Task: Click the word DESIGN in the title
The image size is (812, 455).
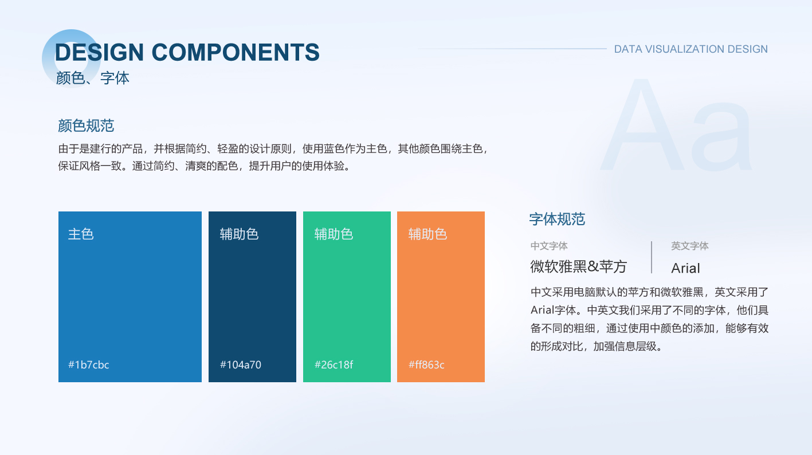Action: click(99, 52)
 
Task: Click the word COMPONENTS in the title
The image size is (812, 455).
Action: click(236, 52)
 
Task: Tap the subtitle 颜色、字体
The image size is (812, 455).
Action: click(93, 78)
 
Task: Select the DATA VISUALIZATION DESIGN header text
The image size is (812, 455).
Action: click(691, 49)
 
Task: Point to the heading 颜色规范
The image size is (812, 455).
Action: click(86, 126)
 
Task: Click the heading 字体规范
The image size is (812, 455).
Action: click(557, 219)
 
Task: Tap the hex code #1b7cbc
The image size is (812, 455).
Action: click(88, 364)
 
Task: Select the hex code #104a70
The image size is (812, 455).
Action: click(240, 364)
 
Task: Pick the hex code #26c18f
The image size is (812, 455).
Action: click(334, 364)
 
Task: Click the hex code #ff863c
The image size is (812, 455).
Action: click(426, 364)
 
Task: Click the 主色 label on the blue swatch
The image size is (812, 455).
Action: click(81, 234)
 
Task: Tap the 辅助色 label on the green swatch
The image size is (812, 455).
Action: click(334, 234)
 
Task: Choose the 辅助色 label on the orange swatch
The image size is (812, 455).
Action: click(427, 234)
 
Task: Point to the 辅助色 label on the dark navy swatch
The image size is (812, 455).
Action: click(240, 234)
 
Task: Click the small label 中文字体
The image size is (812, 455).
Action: click(549, 246)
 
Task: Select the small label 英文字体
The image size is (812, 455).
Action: click(689, 246)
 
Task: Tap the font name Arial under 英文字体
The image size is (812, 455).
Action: click(685, 268)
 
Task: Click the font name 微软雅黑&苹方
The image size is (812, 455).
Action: click(579, 266)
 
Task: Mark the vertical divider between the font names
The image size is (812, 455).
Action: click(652, 257)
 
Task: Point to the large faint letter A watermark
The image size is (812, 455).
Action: click(642, 125)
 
